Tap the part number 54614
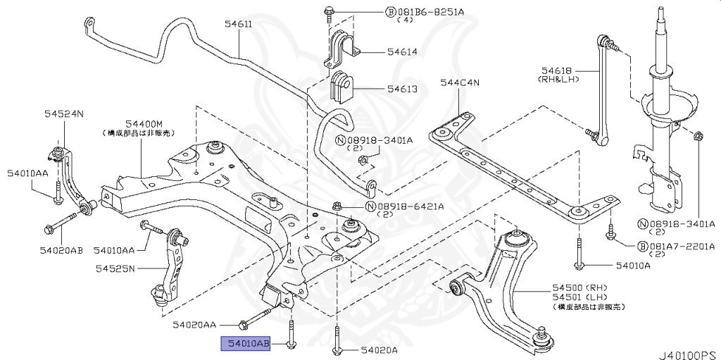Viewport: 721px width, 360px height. [x=401, y=52]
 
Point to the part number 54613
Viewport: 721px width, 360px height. [x=401, y=89]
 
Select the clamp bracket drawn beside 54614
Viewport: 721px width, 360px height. [x=341, y=48]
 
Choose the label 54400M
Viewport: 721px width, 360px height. [x=144, y=123]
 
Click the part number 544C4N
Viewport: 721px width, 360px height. [x=459, y=83]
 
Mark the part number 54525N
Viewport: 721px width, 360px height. [x=115, y=268]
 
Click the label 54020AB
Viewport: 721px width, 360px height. [x=61, y=250]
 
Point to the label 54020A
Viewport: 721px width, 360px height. [x=380, y=350]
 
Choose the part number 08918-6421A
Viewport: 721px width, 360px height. [x=410, y=206]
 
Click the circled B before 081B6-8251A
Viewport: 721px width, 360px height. [x=390, y=12]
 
